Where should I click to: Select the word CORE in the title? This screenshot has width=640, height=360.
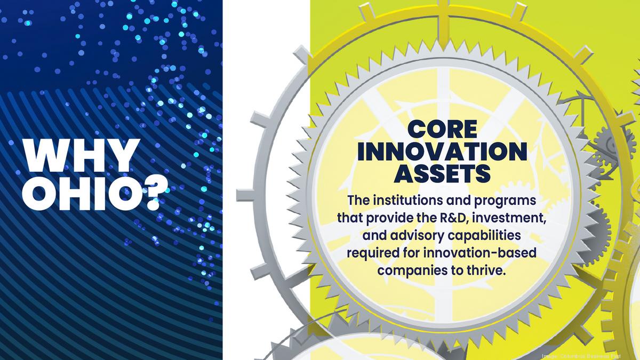(442, 130)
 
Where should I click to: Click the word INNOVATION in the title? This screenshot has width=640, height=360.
(442, 152)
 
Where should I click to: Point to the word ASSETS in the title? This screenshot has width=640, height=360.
(442, 173)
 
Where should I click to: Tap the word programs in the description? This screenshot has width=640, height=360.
(506, 202)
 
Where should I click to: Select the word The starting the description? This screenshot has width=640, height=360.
(357, 201)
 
